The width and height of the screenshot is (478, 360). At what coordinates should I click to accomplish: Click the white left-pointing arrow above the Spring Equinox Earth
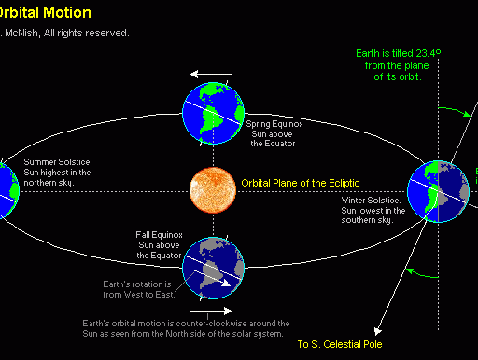coord(211,73)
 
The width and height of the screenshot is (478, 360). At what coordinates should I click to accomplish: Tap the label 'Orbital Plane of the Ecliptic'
coord(300,183)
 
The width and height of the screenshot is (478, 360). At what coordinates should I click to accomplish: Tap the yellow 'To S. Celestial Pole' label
coord(340,344)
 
